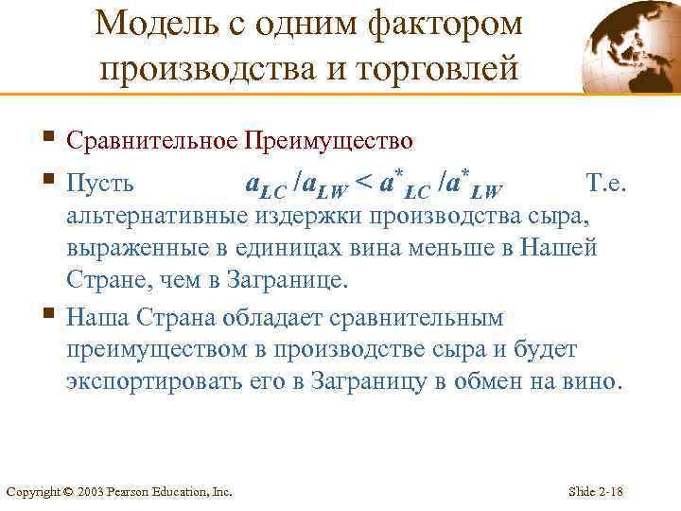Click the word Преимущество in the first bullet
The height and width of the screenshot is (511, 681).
point(328,142)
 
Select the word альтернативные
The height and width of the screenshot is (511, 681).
point(157,216)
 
